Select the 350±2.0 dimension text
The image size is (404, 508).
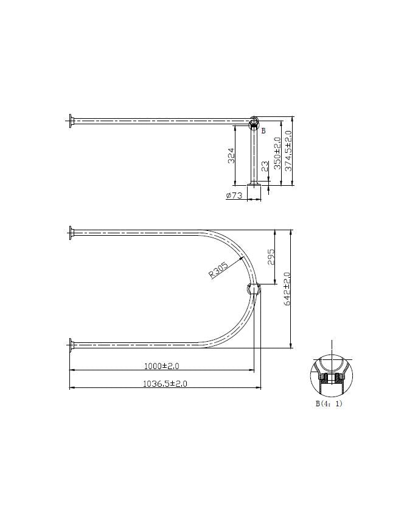[277, 153]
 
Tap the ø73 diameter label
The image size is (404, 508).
[234, 196]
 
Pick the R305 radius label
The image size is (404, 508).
[218, 270]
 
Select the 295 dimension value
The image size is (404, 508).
[271, 256]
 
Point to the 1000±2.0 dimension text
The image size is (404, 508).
[161, 365]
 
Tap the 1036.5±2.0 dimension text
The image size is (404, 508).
[164, 384]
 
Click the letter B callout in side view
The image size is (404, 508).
[263, 130]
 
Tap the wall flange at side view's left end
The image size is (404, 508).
[71, 121]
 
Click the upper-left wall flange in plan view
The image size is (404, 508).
[71, 231]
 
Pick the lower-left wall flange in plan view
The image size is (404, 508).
[71, 345]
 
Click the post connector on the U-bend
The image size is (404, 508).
[252, 289]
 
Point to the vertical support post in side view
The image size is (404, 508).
[254, 155]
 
